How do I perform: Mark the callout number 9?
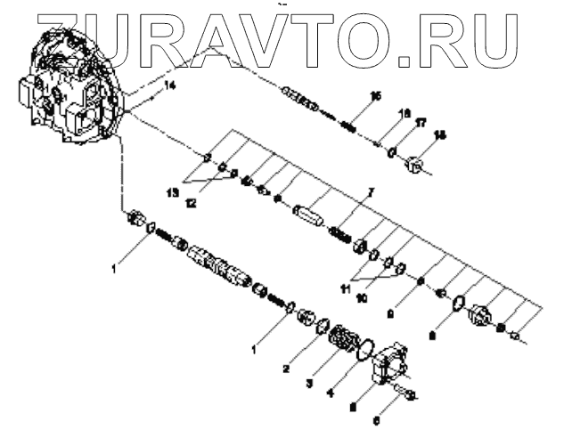[x=390, y=312]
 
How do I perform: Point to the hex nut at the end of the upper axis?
[x=415, y=164]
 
